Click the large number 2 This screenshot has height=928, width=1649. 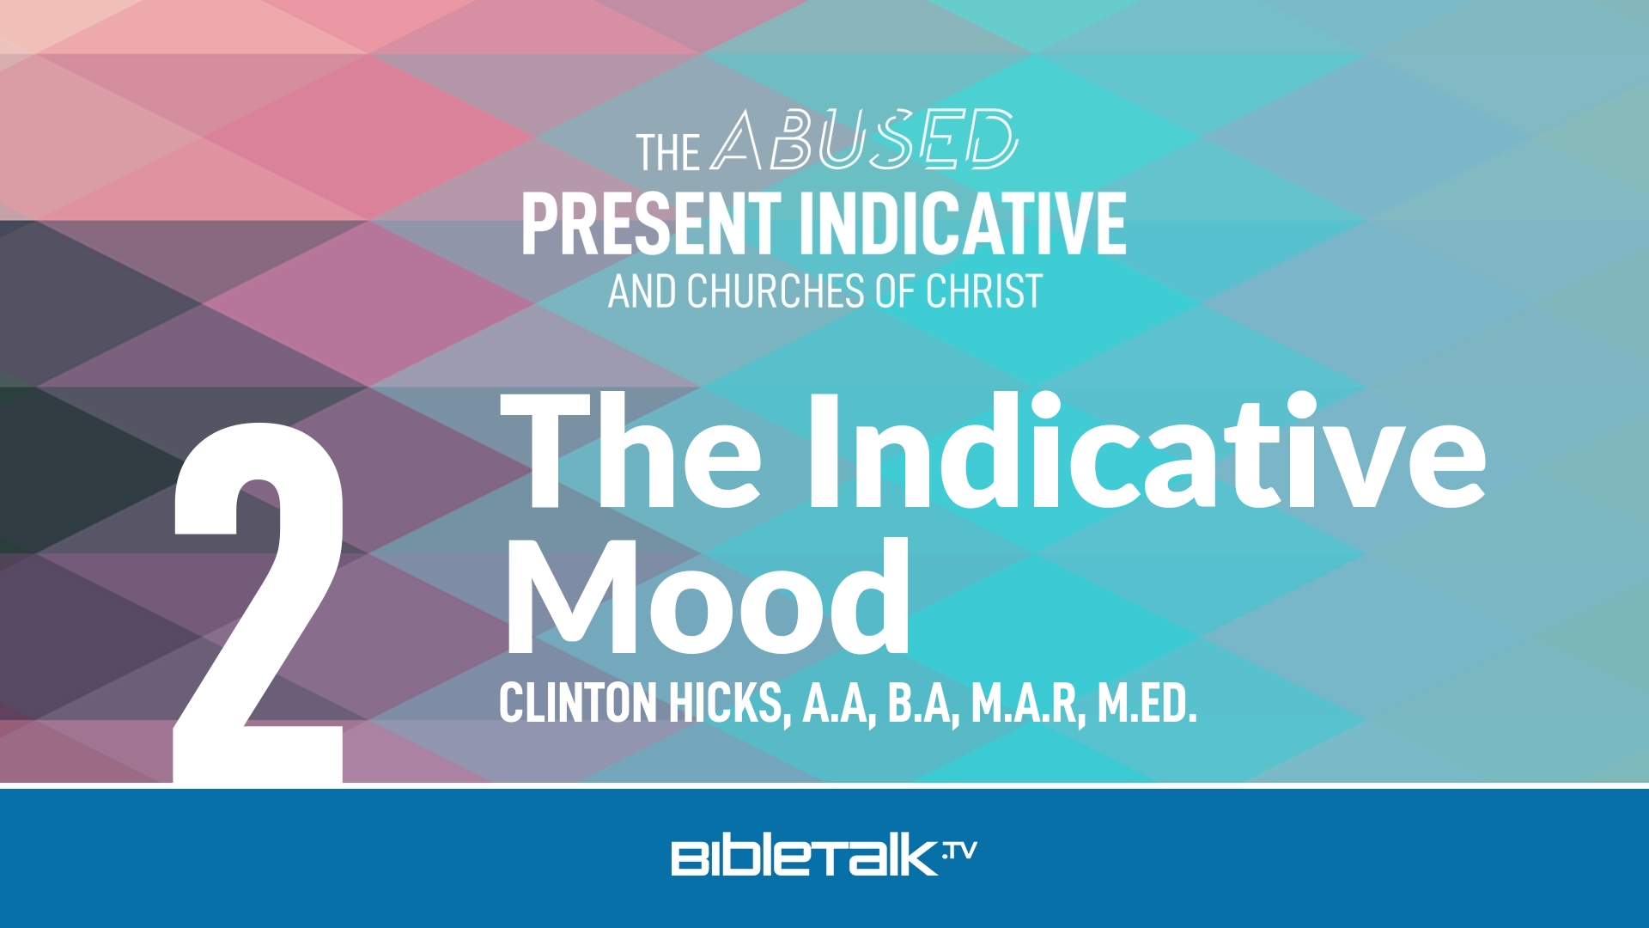258,601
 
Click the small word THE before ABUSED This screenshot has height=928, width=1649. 667,153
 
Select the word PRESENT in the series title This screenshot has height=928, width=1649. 650,223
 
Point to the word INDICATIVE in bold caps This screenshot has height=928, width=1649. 963,223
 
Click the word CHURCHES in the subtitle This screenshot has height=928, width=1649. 776,291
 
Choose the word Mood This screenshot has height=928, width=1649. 706,597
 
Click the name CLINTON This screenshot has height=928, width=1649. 578,704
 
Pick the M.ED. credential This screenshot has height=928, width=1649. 1147,704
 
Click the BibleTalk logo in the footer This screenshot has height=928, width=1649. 806,857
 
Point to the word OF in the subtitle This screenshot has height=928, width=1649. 896,291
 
